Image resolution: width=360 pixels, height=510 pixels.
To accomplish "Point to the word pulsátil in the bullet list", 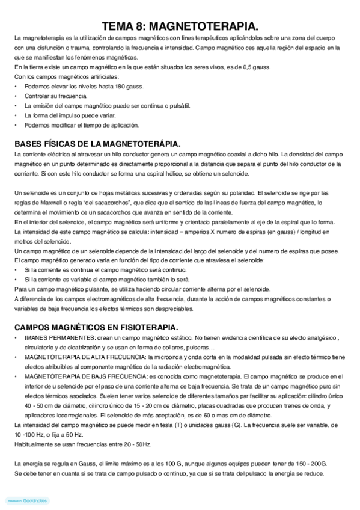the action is [178, 106].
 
